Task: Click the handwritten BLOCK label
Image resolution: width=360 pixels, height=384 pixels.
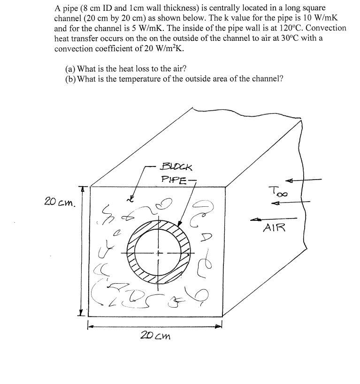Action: coord(176,166)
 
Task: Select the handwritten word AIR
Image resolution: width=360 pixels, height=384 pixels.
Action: coord(274,227)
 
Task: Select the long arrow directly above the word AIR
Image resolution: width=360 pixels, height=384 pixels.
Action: coord(273,218)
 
